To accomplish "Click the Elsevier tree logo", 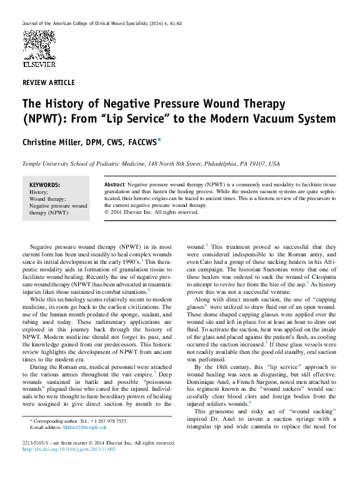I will click(x=38, y=44).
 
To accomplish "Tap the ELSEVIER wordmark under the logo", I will click(x=38, y=64).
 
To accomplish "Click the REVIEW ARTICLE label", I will click(x=48, y=83).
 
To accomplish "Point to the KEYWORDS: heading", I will click(x=45, y=185).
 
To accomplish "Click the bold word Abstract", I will click(x=114, y=185).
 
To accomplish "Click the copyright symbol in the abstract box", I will click(x=107, y=212).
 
